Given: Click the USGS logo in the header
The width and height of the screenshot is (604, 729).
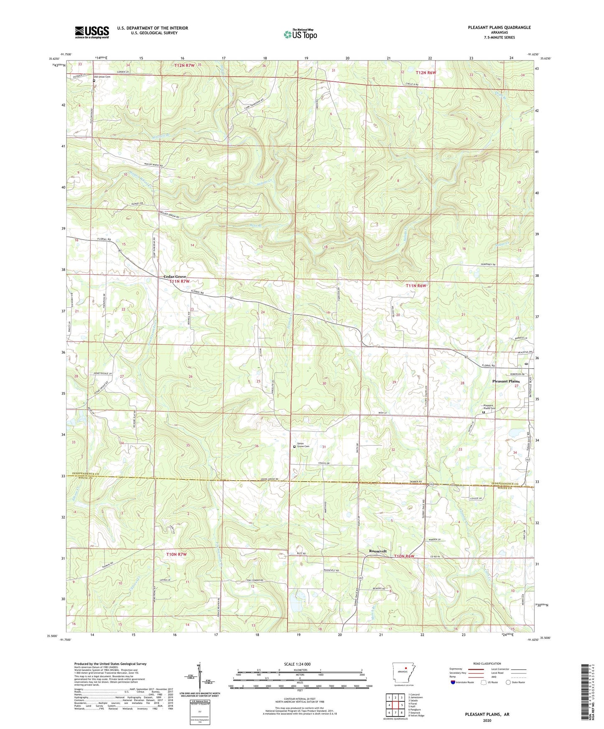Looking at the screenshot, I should [92, 32].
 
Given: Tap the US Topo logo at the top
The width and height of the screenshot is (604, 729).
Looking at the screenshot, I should [300, 34].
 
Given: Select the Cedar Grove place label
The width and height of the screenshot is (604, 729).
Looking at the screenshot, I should [175, 277].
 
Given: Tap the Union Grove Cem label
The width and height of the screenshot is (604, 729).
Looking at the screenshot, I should [303, 445].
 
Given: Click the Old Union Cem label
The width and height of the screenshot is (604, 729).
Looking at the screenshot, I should [102, 77].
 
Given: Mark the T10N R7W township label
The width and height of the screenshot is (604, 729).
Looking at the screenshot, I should [176, 554].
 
